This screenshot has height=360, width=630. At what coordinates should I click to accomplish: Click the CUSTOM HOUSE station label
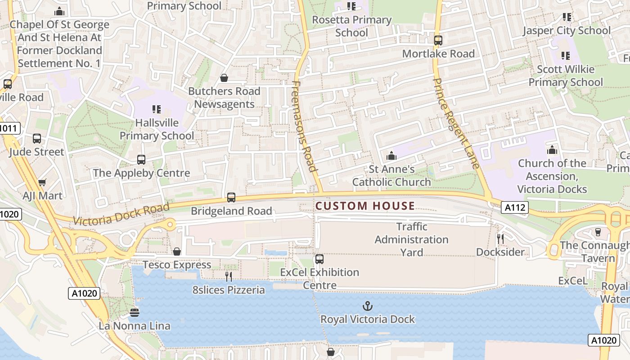pyautogui.click(x=365, y=206)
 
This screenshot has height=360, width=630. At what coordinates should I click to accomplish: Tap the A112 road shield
pyautogui.click(x=515, y=207)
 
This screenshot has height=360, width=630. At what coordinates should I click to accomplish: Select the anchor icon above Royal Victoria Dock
pyautogui.click(x=368, y=306)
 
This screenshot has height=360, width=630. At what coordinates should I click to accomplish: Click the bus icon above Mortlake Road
pyautogui.click(x=438, y=40)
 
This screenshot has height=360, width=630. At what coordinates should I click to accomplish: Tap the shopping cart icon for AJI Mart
pyautogui.click(x=42, y=182)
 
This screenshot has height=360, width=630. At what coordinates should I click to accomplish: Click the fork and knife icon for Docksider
pyautogui.click(x=500, y=238)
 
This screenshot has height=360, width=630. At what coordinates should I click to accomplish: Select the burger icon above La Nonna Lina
pyautogui.click(x=135, y=312)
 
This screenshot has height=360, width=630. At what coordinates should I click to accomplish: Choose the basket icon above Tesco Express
pyautogui.click(x=177, y=251)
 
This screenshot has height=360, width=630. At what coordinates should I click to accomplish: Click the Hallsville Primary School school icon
pyautogui.click(x=157, y=109)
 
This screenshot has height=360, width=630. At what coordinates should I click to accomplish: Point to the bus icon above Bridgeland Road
pyautogui.click(x=231, y=197)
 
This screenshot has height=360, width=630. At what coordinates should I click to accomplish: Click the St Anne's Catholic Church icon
pyautogui.click(x=391, y=156)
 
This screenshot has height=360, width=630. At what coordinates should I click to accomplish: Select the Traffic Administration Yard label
pyautogui.click(x=411, y=239)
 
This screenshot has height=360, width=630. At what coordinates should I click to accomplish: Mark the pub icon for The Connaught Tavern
pyautogui.click(x=598, y=232)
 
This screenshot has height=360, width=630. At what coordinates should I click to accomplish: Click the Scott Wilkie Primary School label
pyautogui.click(x=566, y=76)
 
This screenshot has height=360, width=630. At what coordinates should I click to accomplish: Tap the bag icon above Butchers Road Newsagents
pyautogui.click(x=224, y=78)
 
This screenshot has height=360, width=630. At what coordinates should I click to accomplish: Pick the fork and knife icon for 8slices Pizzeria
pyautogui.click(x=229, y=276)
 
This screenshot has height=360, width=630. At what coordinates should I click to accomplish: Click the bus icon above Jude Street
pyautogui.click(x=37, y=139)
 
